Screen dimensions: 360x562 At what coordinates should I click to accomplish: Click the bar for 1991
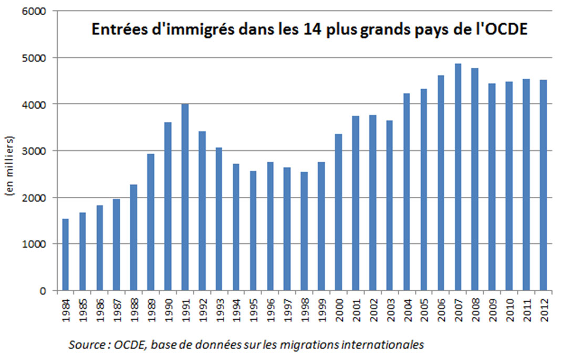coord(185,197)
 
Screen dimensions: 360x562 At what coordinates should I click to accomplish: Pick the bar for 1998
coord(304,231)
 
